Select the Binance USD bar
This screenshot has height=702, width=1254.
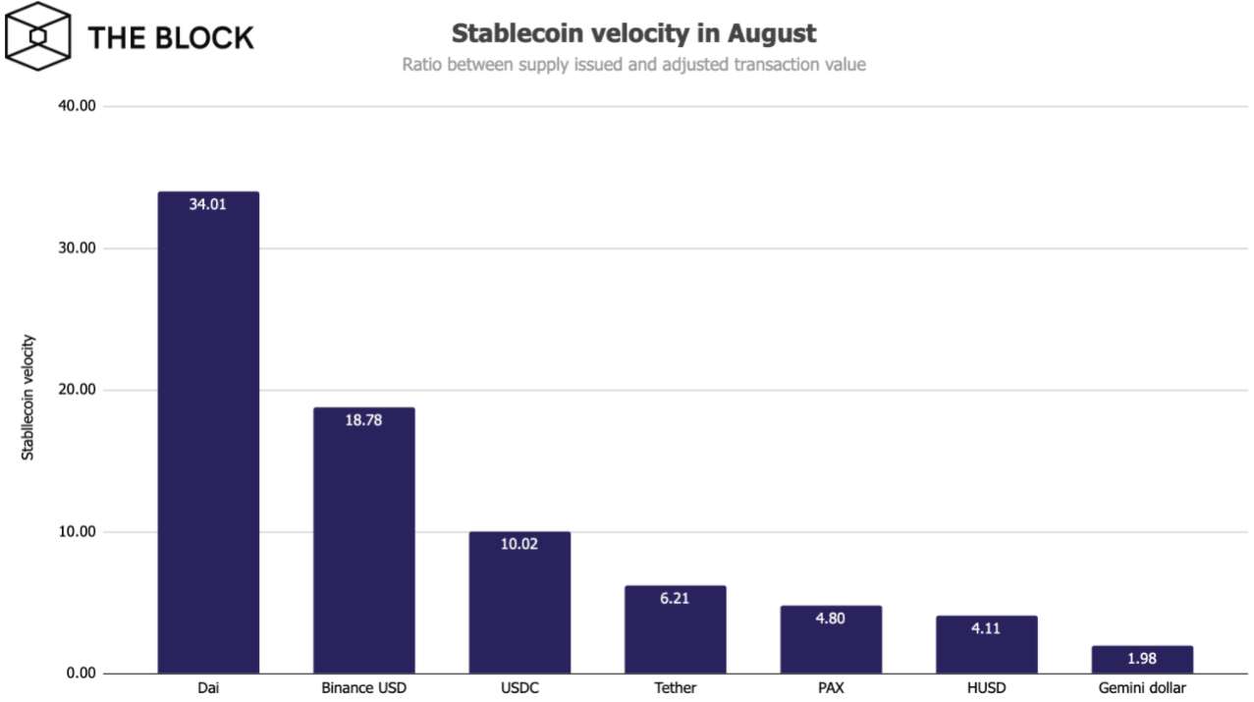click(x=363, y=540)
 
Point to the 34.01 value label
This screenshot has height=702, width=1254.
click(x=208, y=205)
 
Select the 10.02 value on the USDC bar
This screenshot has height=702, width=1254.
click(x=519, y=544)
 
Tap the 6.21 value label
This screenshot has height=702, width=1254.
click(x=675, y=598)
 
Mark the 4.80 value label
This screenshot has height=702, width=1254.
click(x=831, y=619)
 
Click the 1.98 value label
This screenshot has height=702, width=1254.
click(x=1142, y=659)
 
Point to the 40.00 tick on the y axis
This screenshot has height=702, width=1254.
click(x=72, y=106)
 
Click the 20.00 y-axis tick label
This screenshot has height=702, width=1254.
click(x=72, y=390)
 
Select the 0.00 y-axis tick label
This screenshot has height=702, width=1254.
click(x=76, y=674)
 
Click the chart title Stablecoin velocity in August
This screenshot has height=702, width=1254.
click(x=633, y=33)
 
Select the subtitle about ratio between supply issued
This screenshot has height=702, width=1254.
click(x=633, y=65)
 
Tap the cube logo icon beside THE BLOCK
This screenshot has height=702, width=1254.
click(x=37, y=36)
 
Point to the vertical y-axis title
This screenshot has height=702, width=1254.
click(x=28, y=398)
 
